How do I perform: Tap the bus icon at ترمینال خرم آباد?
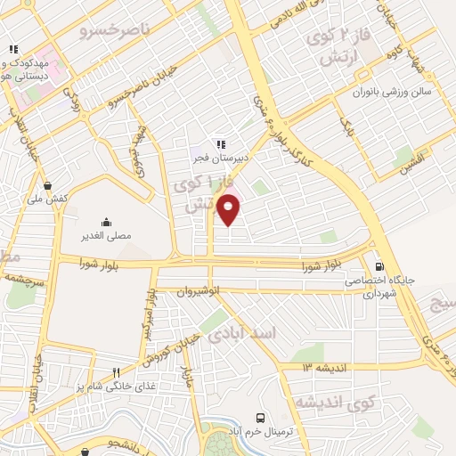(x=260, y=417)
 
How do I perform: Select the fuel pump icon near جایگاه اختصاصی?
(x=380, y=265)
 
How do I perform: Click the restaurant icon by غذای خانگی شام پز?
(x=115, y=372)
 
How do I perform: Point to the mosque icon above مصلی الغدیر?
(x=107, y=223)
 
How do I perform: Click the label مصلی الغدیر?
(x=107, y=237)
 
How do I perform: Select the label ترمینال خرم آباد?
(x=260, y=432)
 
